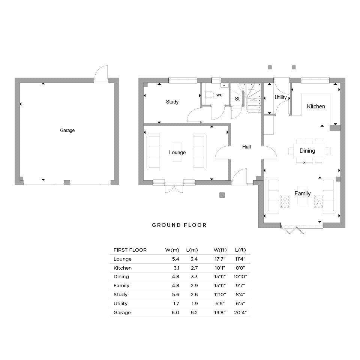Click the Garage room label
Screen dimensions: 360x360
pyautogui.click(x=67, y=130)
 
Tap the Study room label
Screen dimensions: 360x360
pyautogui.click(x=172, y=102)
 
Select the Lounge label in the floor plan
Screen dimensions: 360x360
pyautogui.click(x=177, y=153)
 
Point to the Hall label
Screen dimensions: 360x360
pyautogui.click(x=246, y=147)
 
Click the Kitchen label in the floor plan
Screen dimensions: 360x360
pyautogui.click(x=316, y=106)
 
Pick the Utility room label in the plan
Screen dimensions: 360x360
pyautogui.click(x=280, y=97)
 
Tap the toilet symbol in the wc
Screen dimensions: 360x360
pyautogui.click(x=209, y=94)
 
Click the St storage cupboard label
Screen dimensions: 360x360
pyautogui.click(x=237, y=99)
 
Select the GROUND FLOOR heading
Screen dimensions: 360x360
pyautogui.click(x=179, y=225)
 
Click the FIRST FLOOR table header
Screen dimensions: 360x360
pyautogui.click(x=130, y=250)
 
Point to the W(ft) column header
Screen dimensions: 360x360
pyautogui.click(x=220, y=250)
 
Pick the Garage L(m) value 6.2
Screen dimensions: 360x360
pyautogui.click(x=194, y=312)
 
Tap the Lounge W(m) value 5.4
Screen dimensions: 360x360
pyautogui.click(x=175, y=259)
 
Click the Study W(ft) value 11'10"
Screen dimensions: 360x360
pyautogui.click(x=220, y=295)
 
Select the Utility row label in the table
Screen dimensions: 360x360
pyautogui.click(x=120, y=303)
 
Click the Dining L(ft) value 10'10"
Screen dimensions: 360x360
pyautogui.click(x=240, y=277)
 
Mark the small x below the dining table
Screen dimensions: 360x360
pyautogui.click(x=304, y=162)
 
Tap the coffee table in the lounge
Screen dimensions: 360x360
pyautogui.click(x=177, y=152)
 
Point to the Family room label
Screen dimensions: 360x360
pyautogui.click(x=302, y=193)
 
